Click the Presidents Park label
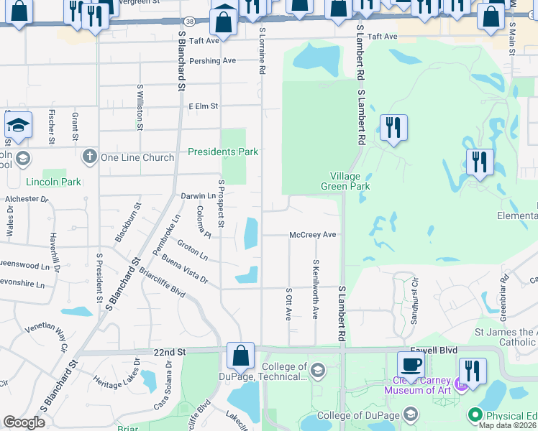[222, 152]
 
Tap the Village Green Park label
[350, 181]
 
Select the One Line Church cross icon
[89, 157]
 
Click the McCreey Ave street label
[313, 235]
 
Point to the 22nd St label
[170, 352]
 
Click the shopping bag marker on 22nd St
[240, 356]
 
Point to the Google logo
[24, 422]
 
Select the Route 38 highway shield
[188, 22]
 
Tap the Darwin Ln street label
[198, 195]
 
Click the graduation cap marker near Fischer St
[19, 126]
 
